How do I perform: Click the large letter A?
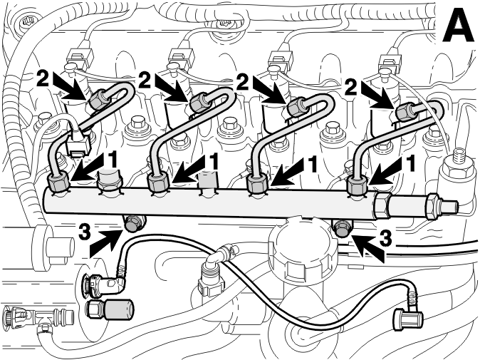457,25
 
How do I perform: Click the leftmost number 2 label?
43,78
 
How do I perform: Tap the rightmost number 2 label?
351,86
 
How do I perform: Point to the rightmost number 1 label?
410,163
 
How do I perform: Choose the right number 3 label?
385,238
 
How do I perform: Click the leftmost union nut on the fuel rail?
58,182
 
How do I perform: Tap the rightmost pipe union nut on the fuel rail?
358,186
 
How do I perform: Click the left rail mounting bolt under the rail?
134,223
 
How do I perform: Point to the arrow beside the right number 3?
366,247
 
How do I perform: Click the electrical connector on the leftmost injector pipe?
79,143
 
